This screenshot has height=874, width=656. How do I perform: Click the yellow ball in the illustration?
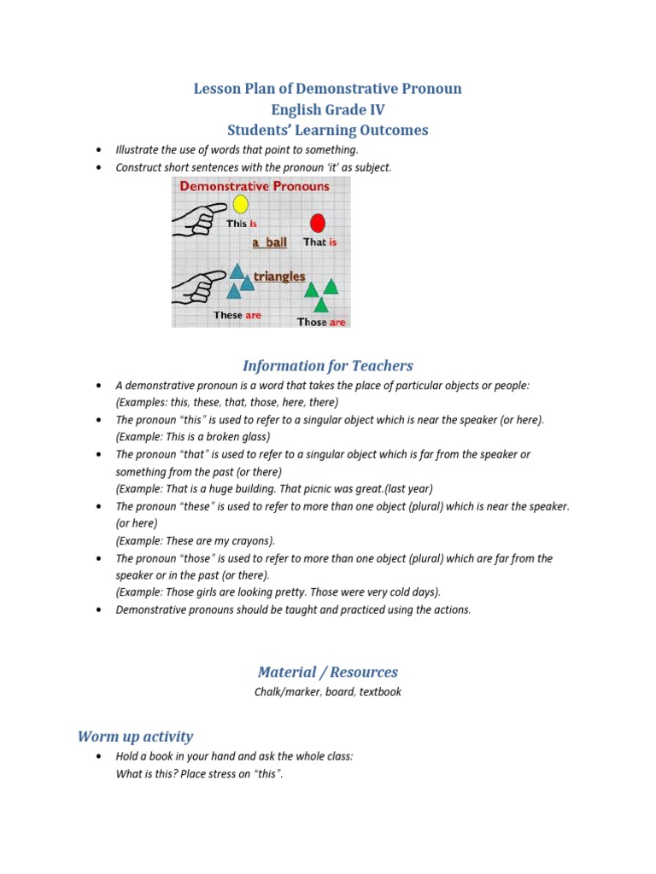[x=240, y=204]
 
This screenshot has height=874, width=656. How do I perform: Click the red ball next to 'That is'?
[x=318, y=224]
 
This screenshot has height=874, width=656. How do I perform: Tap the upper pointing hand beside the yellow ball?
[x=199, y=217]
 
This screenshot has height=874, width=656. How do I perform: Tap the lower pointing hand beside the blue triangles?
[x=199, y=286]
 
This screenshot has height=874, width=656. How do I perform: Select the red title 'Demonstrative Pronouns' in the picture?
[x=254, y=185]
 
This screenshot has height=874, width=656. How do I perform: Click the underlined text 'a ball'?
[x=269, y=242]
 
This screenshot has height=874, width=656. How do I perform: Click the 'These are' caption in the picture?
[x=237, y=315]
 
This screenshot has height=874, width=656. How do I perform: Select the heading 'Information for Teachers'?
[x=327, y=366]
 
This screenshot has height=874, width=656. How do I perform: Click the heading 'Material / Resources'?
[x=327, y=672]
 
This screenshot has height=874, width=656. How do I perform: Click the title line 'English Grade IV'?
[x=327, y=109]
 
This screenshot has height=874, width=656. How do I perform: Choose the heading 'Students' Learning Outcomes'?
[x=327, y=131]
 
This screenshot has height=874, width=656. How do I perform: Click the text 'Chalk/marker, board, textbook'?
[x=327, y=692]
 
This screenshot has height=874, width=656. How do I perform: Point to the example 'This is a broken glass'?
[x=192, y=437]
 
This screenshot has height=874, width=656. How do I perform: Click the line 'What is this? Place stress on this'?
[x=199, y=775]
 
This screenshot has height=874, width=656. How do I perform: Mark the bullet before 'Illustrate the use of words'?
[x=101, y=150]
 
